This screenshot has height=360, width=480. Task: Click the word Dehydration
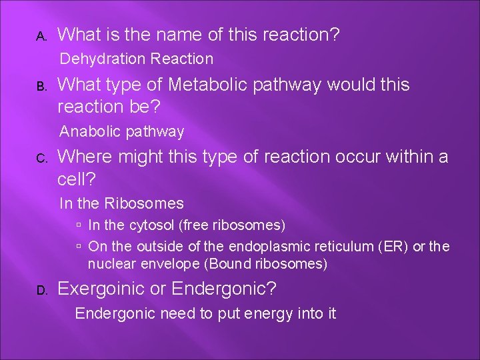pyautogui.click(x=103, y=59)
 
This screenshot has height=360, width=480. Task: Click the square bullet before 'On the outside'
pyautogui.click(x=79, y=247)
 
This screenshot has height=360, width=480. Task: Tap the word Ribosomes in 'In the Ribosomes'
pyautogui.click(x=150, y=203)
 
